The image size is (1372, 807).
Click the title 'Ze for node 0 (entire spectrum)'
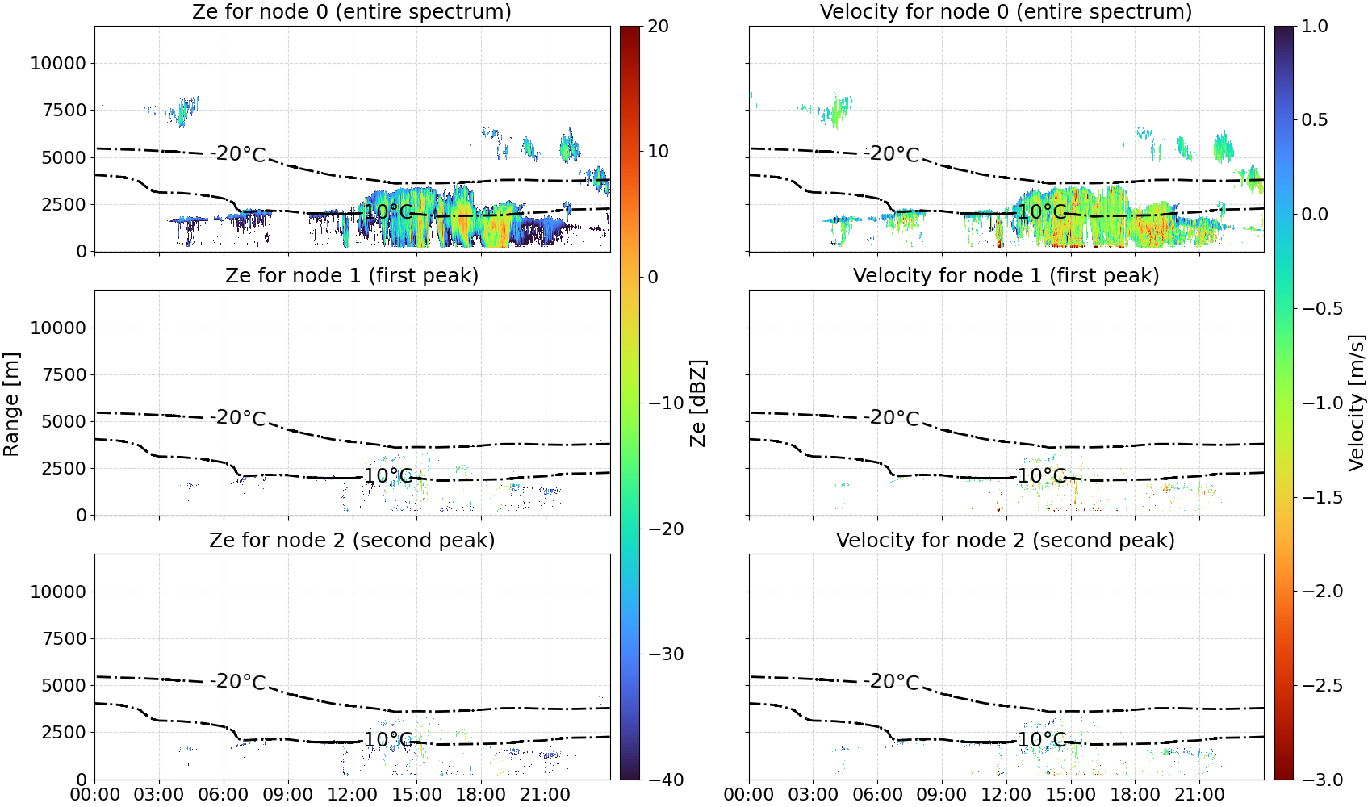pyautogui.click(x=352, y=11)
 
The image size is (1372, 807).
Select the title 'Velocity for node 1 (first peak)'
pyautogui.click(x=1006, y=275)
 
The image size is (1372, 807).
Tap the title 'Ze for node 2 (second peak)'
pyautogui.click(x=352, y=540)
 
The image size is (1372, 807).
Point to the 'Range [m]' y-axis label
pyautogui.click(x=11, y=404)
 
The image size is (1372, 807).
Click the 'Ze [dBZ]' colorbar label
pyautogui.click(x=697, y=403)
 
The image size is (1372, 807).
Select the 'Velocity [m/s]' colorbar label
pyautogui.click(x=1357, y=403)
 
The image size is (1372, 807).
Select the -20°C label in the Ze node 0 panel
pyautogui.click(x=237, y=153)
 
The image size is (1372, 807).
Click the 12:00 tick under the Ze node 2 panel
pyautogui.click(x=352, y=795)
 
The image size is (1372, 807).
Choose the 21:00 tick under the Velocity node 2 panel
pyautogui.click(x=1199, y=795)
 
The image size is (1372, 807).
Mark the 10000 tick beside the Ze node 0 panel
pyautogui.click(x=58, y=63)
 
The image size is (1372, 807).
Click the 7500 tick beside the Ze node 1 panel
pyautogui.click(x=64, y=374)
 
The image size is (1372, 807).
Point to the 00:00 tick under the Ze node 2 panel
pyautogui.click(x=95, y=795)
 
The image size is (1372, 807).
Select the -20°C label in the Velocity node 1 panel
pyautogui.click(x=892, y=417)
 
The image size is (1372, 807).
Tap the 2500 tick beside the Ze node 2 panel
pyautogui.click(x=64, y=732)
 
